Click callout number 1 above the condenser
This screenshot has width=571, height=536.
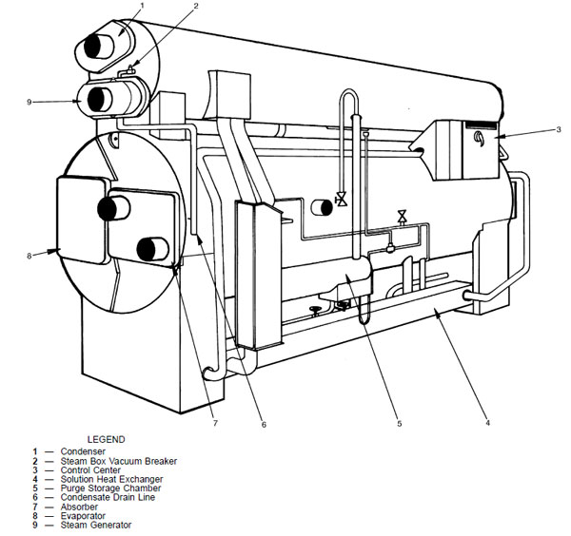tap(143, 5)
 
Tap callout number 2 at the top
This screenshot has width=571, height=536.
tap(196, 6)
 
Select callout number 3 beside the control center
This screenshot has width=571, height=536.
tap(559, 129)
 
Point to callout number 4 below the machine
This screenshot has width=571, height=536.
tap(487, 423)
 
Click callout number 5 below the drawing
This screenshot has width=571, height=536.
tap(399, 423)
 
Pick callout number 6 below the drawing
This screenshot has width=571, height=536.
tap(264, 424)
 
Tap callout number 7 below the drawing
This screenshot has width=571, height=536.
tap(215, 423)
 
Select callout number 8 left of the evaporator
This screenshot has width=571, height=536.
tap(30, 256)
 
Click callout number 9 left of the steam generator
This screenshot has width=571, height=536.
tap(30, 103)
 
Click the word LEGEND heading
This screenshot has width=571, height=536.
tap(106, 439)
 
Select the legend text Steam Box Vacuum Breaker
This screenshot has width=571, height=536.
tap(119, 461)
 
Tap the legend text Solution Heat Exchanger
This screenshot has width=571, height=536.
tap(111, 479)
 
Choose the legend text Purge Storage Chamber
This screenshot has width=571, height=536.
tap(110, 488)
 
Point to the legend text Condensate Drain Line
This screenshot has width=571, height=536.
tap(108, 497)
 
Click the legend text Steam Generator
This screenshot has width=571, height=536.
tap(96, 525)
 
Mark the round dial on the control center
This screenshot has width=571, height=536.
tap(479, 138)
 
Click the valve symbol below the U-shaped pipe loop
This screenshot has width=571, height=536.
tap(342, 200)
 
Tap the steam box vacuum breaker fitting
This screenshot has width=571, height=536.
tap(128, 71)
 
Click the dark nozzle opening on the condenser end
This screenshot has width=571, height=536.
tap(93, 47)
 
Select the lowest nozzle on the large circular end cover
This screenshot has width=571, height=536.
tap(153, 249)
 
